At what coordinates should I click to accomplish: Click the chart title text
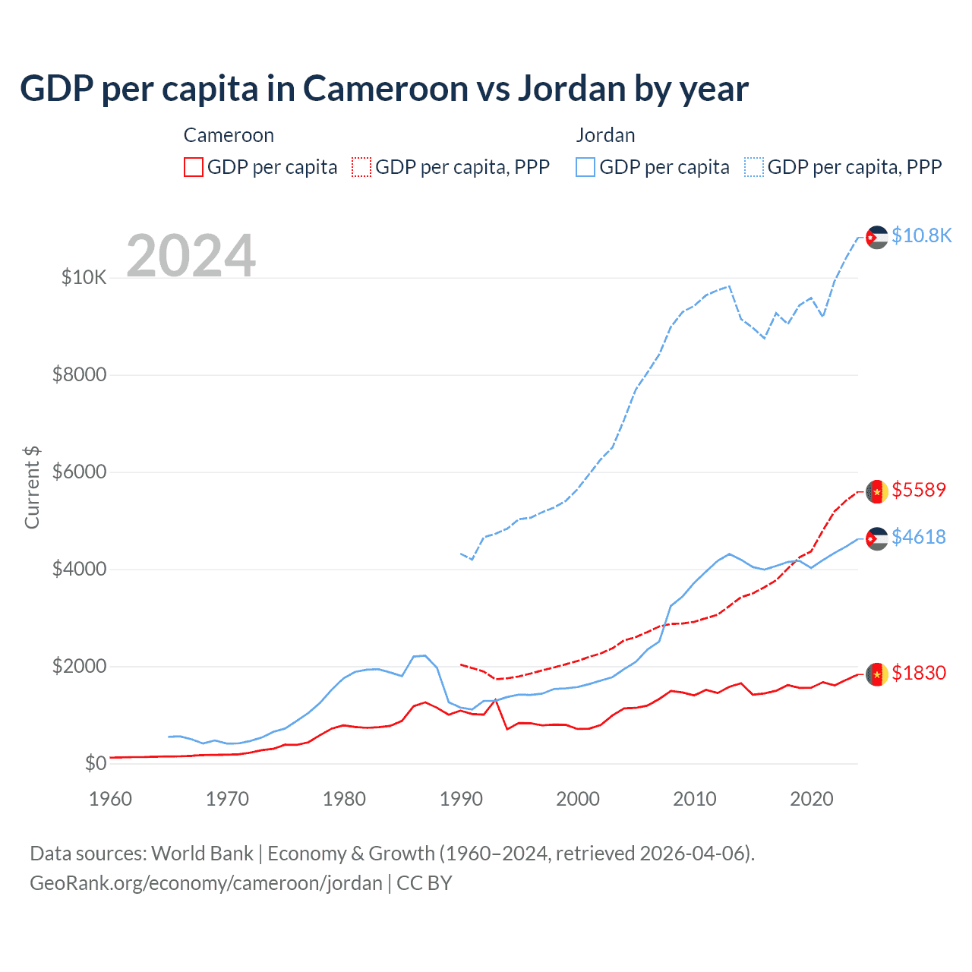coord(384,89)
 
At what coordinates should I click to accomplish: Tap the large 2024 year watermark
coord(191,256)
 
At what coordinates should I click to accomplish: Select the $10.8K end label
coord(921,235)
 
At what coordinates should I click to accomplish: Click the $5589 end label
coord(919,490)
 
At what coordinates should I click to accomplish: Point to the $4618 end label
coord(919,537)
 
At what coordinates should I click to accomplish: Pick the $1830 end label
coord(919,673)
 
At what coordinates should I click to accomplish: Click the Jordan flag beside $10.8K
coord(877,237)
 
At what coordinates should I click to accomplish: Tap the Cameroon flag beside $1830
coord(877,674)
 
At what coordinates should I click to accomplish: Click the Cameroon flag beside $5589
coord(877,491)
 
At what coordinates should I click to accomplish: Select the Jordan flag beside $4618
coord(877,538)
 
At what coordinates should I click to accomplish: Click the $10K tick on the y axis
coord(84,277)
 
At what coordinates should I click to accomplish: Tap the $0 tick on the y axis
coord(96,763)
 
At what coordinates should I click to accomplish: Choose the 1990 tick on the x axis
coord(461,799)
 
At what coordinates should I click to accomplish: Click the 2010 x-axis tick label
coord(695,799)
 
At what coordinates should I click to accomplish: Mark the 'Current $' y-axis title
coord(32,487)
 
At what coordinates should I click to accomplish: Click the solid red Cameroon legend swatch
coord(194,167)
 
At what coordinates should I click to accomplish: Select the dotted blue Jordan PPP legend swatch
coord(754,167)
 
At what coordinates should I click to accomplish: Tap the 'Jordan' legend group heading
coord(605,135)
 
